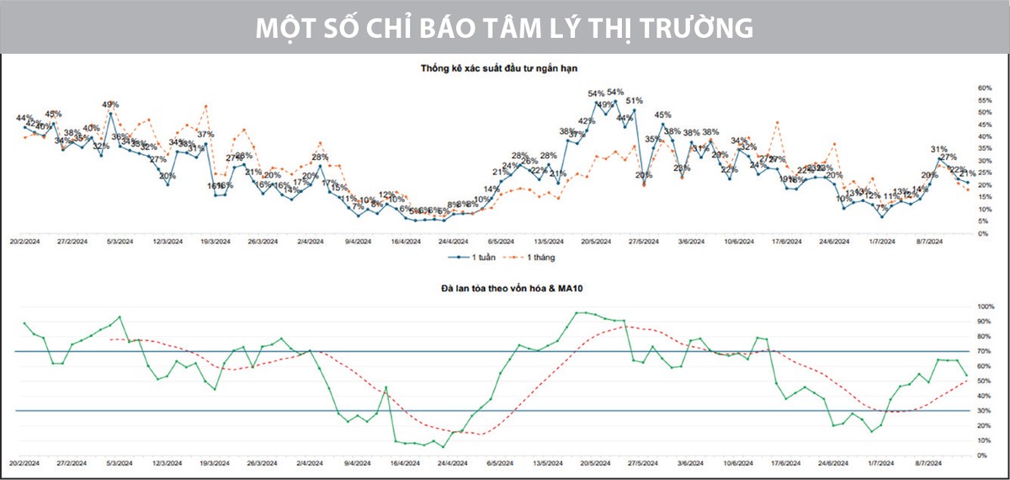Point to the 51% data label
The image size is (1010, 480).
[634, 100]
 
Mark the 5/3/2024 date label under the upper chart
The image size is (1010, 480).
[119, 241]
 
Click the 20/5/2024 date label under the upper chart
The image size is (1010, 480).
[595, 241]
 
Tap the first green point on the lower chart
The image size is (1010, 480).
[24, 323]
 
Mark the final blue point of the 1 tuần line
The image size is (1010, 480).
[967, 183]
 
